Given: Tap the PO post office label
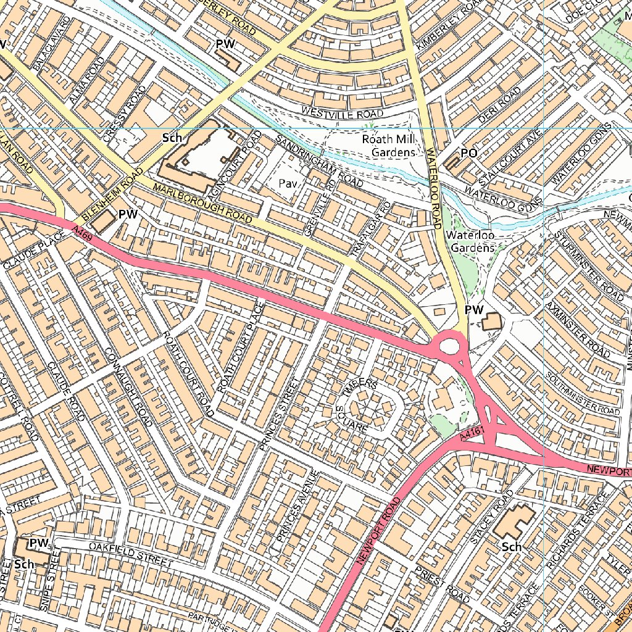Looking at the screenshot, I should (469, 152).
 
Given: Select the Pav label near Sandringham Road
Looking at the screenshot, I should (288, 183).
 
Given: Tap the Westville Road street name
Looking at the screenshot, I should (342, 112).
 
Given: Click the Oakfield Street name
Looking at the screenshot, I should (130, 554).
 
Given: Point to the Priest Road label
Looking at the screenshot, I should (442, 584).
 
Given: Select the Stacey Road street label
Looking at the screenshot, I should (491, 517).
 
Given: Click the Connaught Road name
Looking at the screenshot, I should (128, 387).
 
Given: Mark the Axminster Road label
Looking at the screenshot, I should (578, 330).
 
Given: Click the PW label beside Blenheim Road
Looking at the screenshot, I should (127, 214).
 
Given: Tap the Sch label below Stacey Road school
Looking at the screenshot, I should (512, 547).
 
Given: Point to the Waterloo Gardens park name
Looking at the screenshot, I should (471, 241).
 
